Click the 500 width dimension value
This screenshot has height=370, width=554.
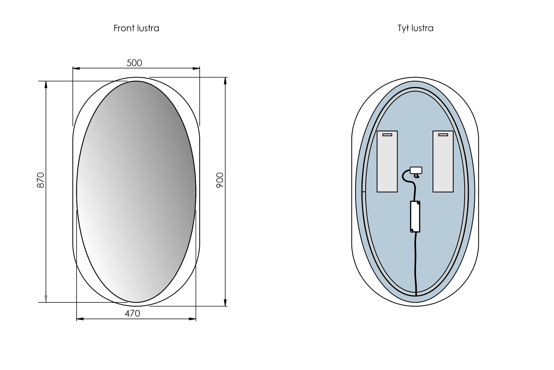[x=134, y=63]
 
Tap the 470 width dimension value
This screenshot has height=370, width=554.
[x=132, y=313]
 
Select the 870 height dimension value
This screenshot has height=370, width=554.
[x=41, y=180]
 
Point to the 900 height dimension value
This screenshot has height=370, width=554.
[x=220, y=180]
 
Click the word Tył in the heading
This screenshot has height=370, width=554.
[x=403, y=28]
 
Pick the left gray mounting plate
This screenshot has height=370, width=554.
[x=387, y=162]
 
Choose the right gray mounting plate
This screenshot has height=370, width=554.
[x=443, y=162]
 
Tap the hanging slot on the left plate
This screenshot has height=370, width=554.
[x=387, y=135]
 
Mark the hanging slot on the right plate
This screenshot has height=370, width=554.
[x=443, y=135]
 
